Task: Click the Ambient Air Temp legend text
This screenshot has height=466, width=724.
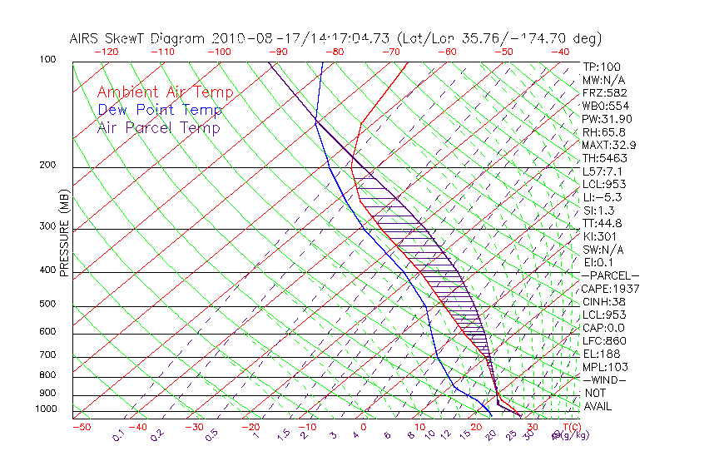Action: click(165, 92)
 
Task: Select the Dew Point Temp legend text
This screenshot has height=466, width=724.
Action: click(160, 110)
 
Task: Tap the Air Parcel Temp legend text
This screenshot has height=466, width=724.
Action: click(158, 127)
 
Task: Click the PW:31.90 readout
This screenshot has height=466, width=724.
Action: click(604, 119)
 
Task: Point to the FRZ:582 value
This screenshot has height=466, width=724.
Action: click(604, 92)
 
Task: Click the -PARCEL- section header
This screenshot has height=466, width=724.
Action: click(610, 275)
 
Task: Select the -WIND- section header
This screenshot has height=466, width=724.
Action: click(605, 379)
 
